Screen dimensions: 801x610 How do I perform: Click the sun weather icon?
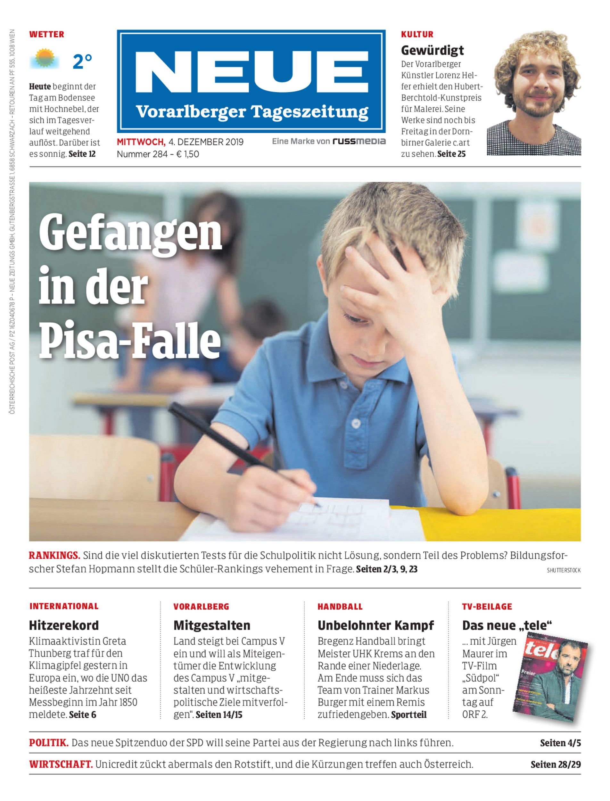click(x=45, y=58)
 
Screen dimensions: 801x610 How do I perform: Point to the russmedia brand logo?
click(x=359, y=141)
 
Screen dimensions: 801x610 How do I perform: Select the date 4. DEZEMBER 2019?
click(x=206, y=142)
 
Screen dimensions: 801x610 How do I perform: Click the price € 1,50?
click(x=187, y=154)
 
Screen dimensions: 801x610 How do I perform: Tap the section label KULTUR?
click(x=417, y=35)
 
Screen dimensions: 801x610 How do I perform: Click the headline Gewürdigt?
click(x=433, y=50)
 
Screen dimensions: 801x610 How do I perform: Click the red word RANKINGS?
click(x=54, y=555)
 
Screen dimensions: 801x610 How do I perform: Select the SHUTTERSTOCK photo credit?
click(x=564, y=570)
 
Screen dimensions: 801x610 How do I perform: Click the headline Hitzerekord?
click(x=64, y=625)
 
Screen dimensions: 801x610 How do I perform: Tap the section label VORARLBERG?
click(x=201, y=607)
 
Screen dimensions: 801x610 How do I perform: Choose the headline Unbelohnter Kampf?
click(x=375, y=625)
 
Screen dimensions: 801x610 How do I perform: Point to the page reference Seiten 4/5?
click(x=560, y=743)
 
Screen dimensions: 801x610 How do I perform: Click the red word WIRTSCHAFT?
click(x=61, y=764)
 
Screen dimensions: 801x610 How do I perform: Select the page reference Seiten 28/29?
click(x=556, y=764)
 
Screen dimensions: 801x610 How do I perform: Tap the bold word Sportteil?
click(x=408, y=714)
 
